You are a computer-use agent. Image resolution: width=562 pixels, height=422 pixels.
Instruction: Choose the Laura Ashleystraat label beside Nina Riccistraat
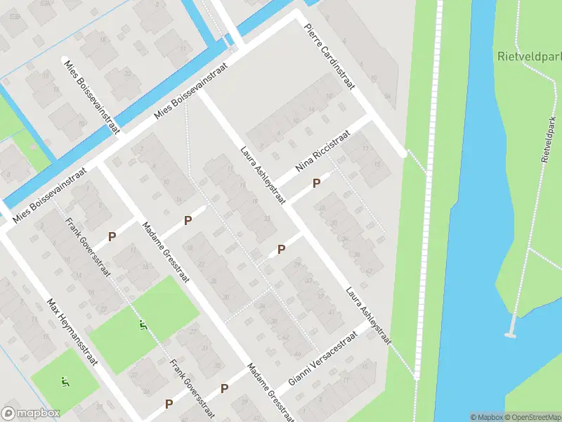coord(262,175)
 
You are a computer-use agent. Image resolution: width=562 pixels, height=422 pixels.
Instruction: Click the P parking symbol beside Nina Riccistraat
coord(316,183)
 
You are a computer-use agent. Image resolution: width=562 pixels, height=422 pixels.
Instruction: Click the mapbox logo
coord(30,413)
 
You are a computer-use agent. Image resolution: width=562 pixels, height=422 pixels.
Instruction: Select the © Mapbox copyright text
coord(487,417)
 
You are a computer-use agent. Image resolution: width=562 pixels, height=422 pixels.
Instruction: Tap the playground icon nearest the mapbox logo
coord(65,383)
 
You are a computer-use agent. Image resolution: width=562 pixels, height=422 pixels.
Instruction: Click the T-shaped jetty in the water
coord(512,328)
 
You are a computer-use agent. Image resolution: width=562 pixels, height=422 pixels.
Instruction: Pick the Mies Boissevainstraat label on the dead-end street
coord(92,95)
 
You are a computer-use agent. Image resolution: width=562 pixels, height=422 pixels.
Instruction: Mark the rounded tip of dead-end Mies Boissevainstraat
coord(65,60)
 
